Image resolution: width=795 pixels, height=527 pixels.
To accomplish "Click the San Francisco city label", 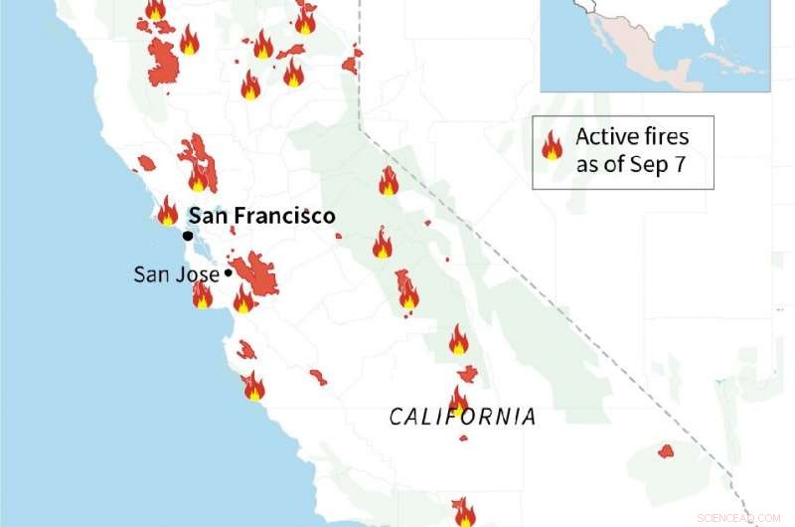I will pyautogui.click(x=261, y=215).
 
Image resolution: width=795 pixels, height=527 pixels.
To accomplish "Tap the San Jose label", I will pyautogui.click(x=177, y=273).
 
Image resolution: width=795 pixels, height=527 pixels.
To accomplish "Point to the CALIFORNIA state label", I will pyautogui.click(x=462, y=416).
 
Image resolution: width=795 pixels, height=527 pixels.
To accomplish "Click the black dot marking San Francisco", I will pyautogui.click(x=187, y=236).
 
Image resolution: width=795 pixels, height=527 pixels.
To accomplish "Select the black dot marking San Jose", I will pyautogui.click(x=229, y=272).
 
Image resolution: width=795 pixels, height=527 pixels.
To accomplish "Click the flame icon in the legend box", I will pyautogui.click(x=552, y=147).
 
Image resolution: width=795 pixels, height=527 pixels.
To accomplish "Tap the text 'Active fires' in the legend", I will pyautogui.click(x=632, y=136).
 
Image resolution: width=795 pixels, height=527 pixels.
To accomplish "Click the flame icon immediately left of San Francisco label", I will pyautogui.click(x=167, y=211).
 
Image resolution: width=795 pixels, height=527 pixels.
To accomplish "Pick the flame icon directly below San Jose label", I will pyautogui.click(x=202, y=294).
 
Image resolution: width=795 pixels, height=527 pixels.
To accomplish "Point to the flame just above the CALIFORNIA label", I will pyautogui.click(x=458, y=398).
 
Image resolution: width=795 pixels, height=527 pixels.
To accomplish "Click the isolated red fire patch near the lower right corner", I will pyautogui.click(x=666, y=451).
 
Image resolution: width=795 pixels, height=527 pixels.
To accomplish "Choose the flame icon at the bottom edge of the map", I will pyautogui.click(x=463, y=513).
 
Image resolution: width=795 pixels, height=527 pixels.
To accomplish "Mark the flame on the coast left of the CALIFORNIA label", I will pyautogui.click(x=254, y=386).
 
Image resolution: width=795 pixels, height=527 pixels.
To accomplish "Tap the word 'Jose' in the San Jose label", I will pyautogui.click(x=200, y=273).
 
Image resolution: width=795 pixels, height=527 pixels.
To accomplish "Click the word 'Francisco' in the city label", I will pyautogui.click(x=289, y=215).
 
